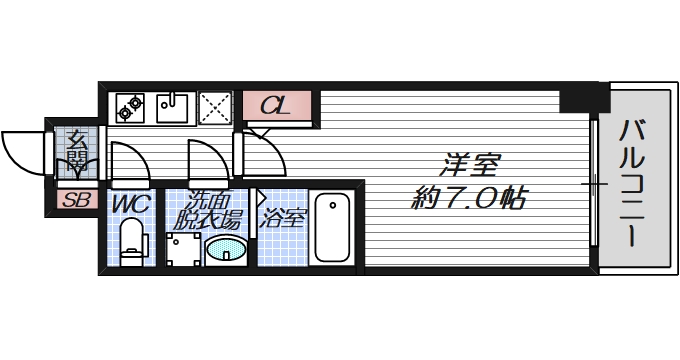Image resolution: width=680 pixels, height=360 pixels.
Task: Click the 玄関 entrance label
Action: click(x=77, y=149)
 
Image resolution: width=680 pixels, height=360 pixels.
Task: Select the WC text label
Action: click(x=129, y=203)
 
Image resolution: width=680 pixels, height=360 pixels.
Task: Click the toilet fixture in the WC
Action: click(x=130, y=243)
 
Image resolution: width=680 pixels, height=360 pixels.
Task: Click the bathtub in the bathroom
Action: click(x=331, y=228)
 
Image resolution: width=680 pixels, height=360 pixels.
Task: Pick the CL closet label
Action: click(x=277, y=105)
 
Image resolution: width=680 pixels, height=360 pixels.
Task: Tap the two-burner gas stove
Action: click(x=131, y=103)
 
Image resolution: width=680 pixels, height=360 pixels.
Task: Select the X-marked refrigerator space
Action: click(x=213, y=104)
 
